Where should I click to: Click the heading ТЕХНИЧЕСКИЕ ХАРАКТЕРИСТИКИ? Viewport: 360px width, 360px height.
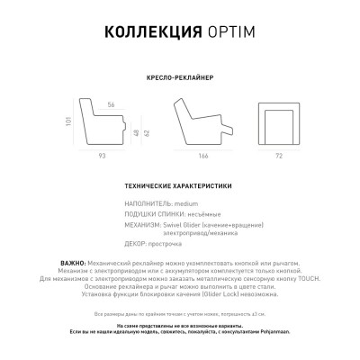(180, 184)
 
